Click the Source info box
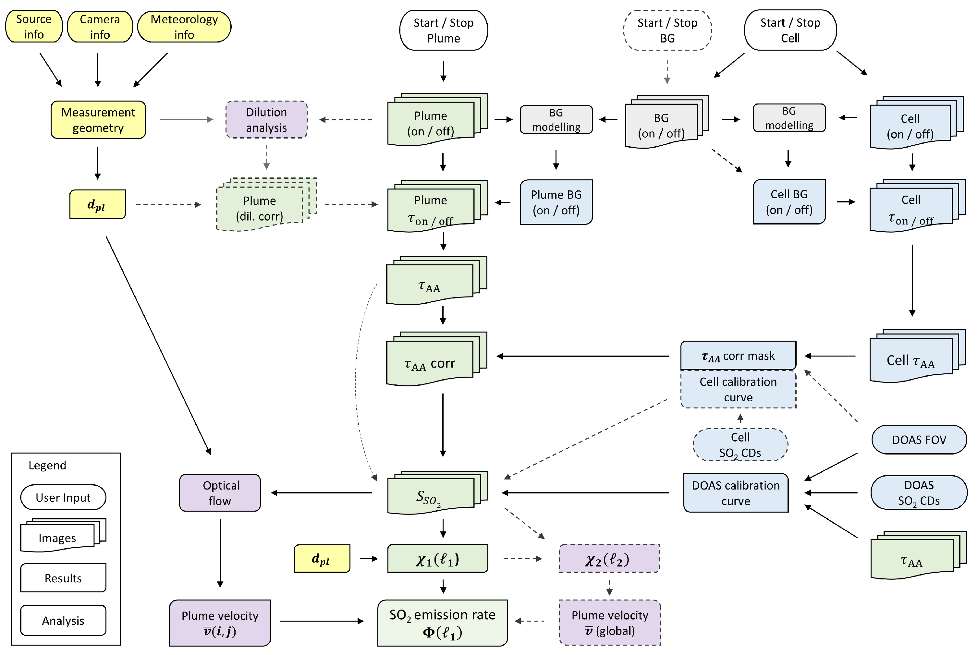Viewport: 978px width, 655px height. point(34,26)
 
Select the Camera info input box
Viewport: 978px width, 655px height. point(100,27)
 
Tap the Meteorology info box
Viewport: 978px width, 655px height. point(184,27)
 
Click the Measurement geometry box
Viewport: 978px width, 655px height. point(98,120)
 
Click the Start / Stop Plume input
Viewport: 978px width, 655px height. point(444,30)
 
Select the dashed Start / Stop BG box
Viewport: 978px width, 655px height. point(667,30)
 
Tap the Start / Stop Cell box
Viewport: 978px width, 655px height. point(790,30)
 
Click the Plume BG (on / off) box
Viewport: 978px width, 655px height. point(556,202)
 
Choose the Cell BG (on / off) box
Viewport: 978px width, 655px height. point(789,202)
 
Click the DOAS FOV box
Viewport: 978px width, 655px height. point(919,440)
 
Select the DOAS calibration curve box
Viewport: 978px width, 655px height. point(736,493)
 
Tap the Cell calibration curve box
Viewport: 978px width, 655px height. point(738,389)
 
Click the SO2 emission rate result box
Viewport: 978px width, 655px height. point(442,623)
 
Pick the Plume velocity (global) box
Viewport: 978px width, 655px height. point(610,623)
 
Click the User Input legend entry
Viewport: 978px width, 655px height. point(63,498)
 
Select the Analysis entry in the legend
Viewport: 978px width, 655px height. point(63,620)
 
